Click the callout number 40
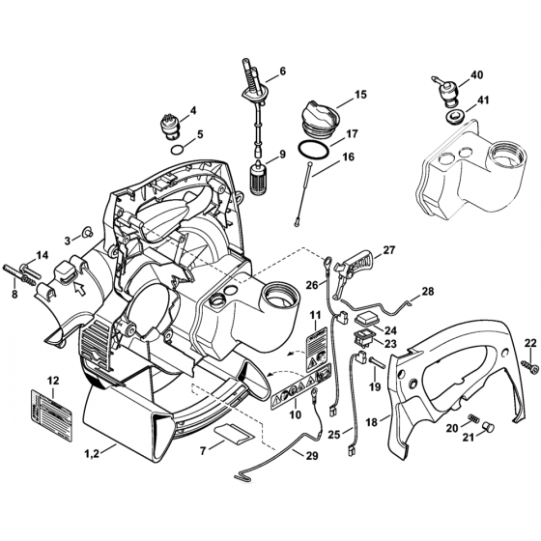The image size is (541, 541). pos(476,75)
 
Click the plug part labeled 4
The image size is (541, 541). pos(171,127)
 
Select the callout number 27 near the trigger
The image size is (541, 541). pos(389,251)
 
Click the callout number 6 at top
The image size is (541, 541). pos(282,71)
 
